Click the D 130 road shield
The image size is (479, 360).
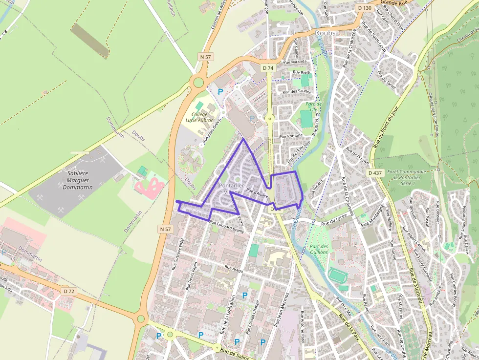(365, 8)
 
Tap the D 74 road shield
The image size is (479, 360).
(267, 67)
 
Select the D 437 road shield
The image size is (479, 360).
(375, 173)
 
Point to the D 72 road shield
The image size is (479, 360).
(69, 291)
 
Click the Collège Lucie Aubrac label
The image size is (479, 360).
(199, 117)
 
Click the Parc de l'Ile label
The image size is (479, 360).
(313, 106)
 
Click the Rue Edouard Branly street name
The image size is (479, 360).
(226, 228)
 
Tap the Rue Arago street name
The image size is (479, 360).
(234, 268)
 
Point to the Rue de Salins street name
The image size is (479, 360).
(232, 351)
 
